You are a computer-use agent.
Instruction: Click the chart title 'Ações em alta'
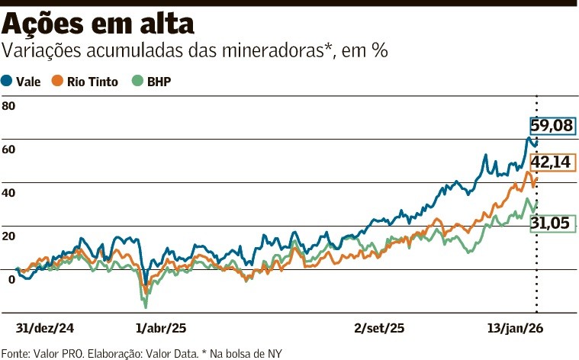[x=97, y=24]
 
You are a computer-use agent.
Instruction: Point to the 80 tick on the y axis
[x=8, y=105]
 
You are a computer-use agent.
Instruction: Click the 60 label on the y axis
[x=8, y=149]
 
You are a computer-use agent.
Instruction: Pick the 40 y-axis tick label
[x=8, y=192]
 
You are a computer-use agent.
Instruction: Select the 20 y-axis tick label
[x=8, y=236]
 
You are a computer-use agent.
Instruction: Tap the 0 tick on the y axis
[x=11, y=279]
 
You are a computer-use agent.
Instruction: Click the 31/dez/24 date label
[x=46, y=328]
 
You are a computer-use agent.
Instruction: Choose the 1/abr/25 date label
[x=160, y=328]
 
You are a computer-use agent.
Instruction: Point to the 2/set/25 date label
[x=380, y=328]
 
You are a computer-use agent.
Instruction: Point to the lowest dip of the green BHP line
[x=145, y=306]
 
